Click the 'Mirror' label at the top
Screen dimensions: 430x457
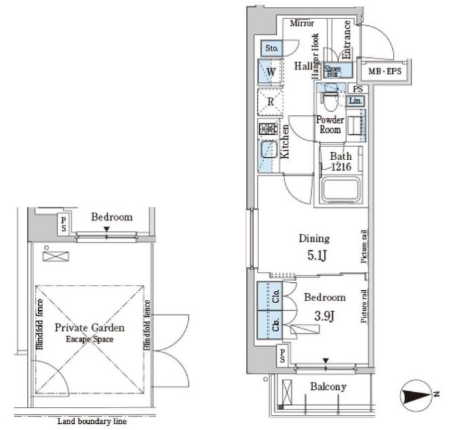click(301, 23)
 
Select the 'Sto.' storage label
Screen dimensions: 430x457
click(271, 48)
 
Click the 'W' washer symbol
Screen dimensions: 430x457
click(271, 71)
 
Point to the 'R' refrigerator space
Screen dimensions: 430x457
click(271, 102)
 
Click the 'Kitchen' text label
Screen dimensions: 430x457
click(284, 142)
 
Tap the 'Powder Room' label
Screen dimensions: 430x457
click(330, 125)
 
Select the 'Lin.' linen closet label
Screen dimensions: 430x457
click(355, 101)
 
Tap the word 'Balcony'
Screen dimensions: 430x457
click(329, 387)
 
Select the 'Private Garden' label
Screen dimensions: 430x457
click(90, 326)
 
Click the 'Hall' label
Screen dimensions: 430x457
click(304, 66)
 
